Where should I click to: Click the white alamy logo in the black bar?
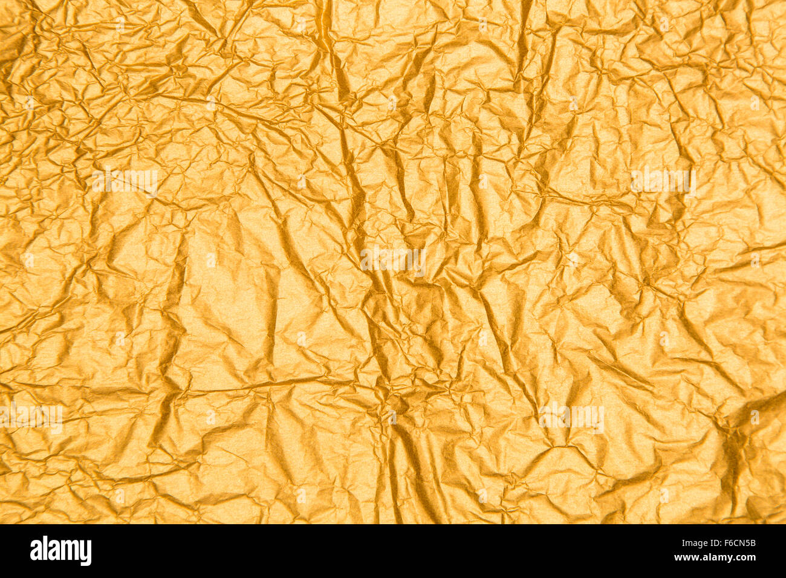pos(60,551)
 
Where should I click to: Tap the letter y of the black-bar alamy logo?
pos(86,552)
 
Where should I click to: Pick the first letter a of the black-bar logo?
pos(36,551)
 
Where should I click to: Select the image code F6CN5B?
pos(738,543)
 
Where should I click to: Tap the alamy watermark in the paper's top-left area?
pos(125,180)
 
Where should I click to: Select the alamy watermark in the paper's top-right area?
pos(662,180)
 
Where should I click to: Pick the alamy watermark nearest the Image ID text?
pos(571,417)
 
